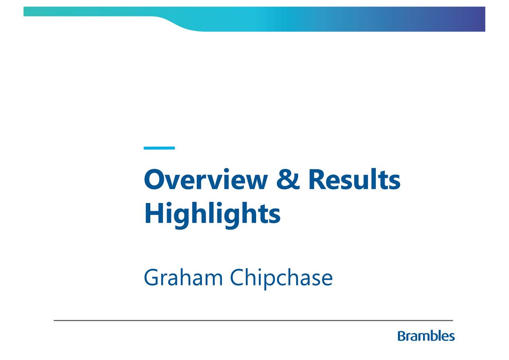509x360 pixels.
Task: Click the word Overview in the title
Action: point(206,180)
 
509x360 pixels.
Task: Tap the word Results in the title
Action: point(354,180)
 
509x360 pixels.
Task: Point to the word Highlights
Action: point(212,214)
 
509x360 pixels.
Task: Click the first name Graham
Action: point(183,278)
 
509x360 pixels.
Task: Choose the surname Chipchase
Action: point(281,278)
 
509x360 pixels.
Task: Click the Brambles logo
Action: point(426,336)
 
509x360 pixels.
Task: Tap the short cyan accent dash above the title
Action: point(159,148)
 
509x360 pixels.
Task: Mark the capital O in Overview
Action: point(153,180)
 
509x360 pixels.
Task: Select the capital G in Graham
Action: point(152,278)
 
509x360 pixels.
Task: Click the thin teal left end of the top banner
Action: point(40,12)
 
